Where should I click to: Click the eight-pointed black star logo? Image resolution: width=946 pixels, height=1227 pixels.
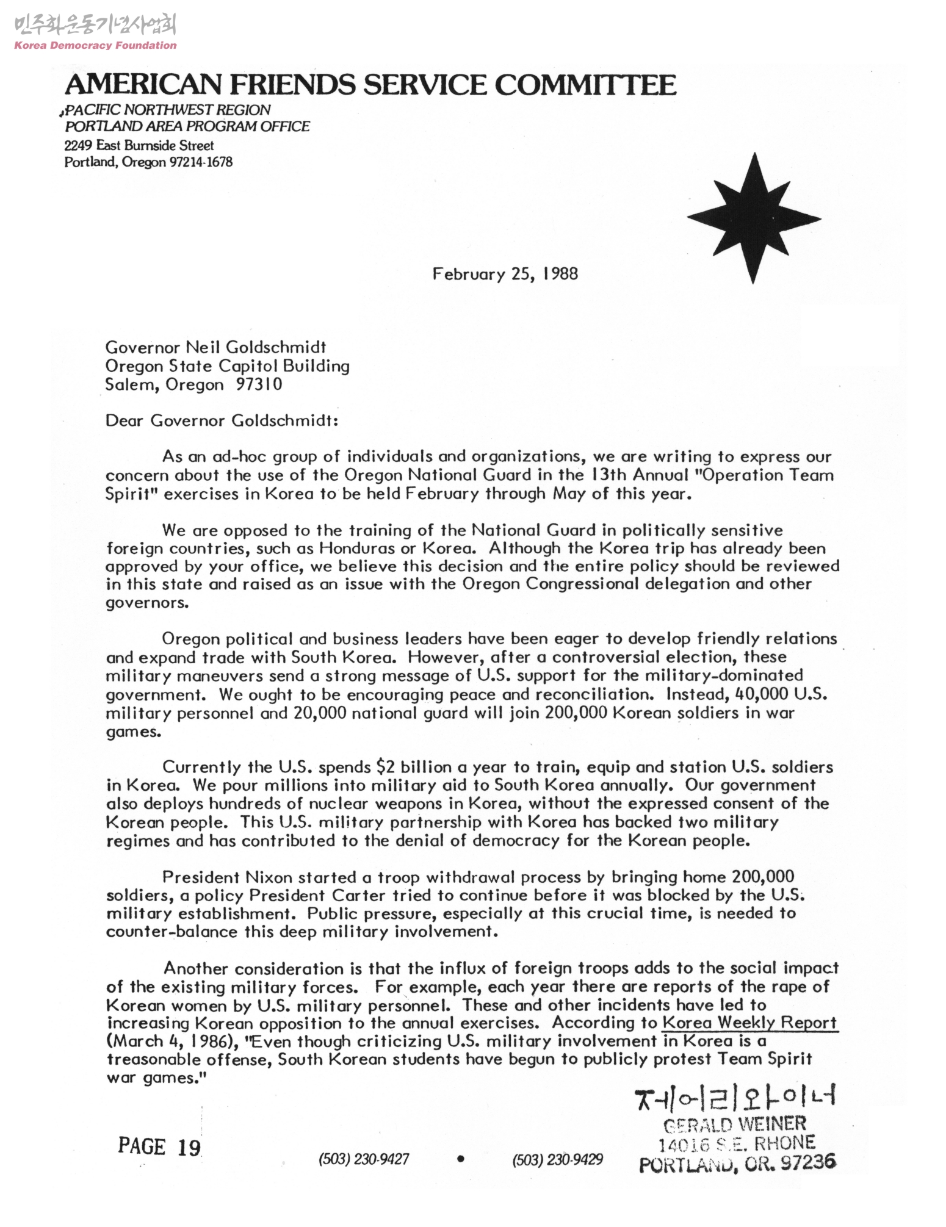(x=753, y=218)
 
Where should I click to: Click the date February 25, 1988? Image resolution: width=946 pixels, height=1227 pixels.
(x=505, y=274)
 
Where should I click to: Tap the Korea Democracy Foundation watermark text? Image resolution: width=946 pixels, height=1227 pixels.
(x=95, y=45)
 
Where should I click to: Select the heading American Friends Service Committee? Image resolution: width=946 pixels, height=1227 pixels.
(x=370, y=85)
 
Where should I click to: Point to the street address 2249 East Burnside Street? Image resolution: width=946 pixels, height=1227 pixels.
(x=139, y=146)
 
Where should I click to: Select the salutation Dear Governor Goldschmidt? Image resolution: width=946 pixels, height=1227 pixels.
(x=222, y=421)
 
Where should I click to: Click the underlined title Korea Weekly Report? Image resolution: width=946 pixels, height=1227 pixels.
(x=749, y=1023)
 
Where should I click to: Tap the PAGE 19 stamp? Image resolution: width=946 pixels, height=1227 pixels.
(x=159, y=1147)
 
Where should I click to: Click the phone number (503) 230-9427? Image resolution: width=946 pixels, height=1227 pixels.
(x=364, y=1159)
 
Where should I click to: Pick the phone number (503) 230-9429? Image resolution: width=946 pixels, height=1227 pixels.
(x=557, y=1159)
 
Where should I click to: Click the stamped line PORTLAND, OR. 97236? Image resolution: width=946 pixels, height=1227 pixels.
(x=737, y=1163)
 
